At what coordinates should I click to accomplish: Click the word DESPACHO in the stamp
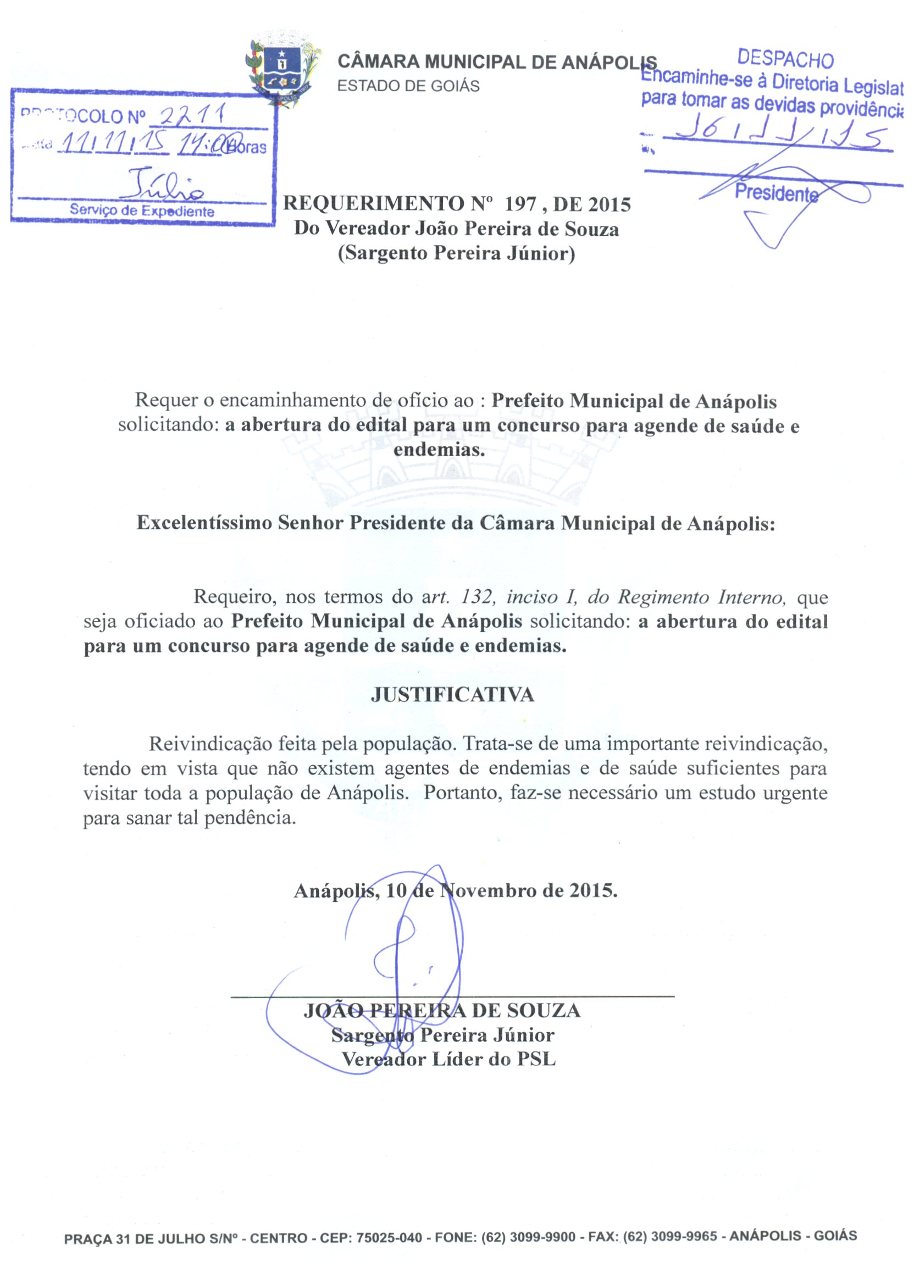pos(785,59)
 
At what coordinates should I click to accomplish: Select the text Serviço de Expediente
pos(142,211)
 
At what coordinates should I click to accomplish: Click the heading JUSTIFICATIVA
pos(452,695)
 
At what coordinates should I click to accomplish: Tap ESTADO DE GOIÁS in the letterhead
pos(409,86)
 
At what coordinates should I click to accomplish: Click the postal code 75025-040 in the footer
pos(389,1237)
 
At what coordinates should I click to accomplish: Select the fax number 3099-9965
pos(684,1237)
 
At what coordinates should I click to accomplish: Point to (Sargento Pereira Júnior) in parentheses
pos(456,254)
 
